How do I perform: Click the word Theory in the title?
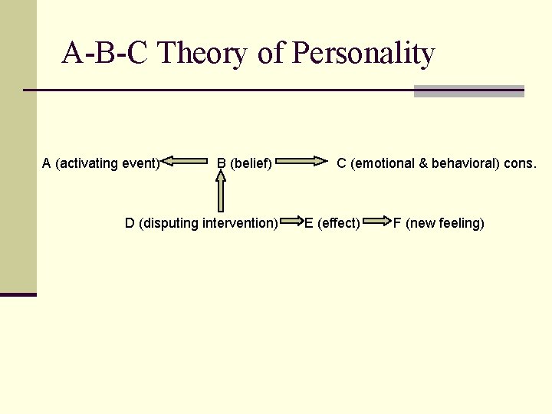point(206,54)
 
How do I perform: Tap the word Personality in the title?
point(364,54)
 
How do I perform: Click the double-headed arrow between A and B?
point(188,162)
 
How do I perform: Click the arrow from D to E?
point(291,223)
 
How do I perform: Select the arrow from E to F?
point(376,223)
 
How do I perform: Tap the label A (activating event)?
point(100,163)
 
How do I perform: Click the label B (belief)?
point(245,163)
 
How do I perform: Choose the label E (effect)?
point(332,224)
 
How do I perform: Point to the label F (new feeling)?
point(439,224)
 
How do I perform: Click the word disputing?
point(169,224)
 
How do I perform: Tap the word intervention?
point(239,224)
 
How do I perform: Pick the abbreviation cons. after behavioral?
point(521,163)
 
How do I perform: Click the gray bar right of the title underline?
point(468,91)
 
